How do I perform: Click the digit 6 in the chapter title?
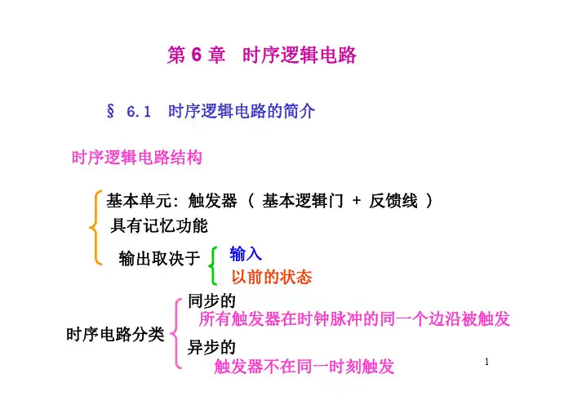(x=196, y=56)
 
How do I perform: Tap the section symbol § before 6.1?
(x=110, y=111)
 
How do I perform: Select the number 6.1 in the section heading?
(x=139, y=112)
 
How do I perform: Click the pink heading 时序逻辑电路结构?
(x=137, y=158)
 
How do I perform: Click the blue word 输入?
(x=246, y=254)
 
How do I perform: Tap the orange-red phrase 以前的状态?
(x=272, y=277)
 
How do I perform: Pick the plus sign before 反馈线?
(x=357, y=200)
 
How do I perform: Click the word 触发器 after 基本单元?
(x=213, y=201)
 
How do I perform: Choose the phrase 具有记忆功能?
(x=159, y=225)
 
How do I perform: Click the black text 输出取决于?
(x=159, y=259)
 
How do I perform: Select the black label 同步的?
(x=211, y=300)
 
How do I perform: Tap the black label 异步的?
(x=211, y=347)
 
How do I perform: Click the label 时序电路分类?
(x=115, y=334)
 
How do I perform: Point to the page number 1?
(x=486, y=362)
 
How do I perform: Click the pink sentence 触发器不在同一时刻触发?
(x=304, y=367)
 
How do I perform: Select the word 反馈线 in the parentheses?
(x=393, y=201)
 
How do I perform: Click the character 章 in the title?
(x=216, y=56)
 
